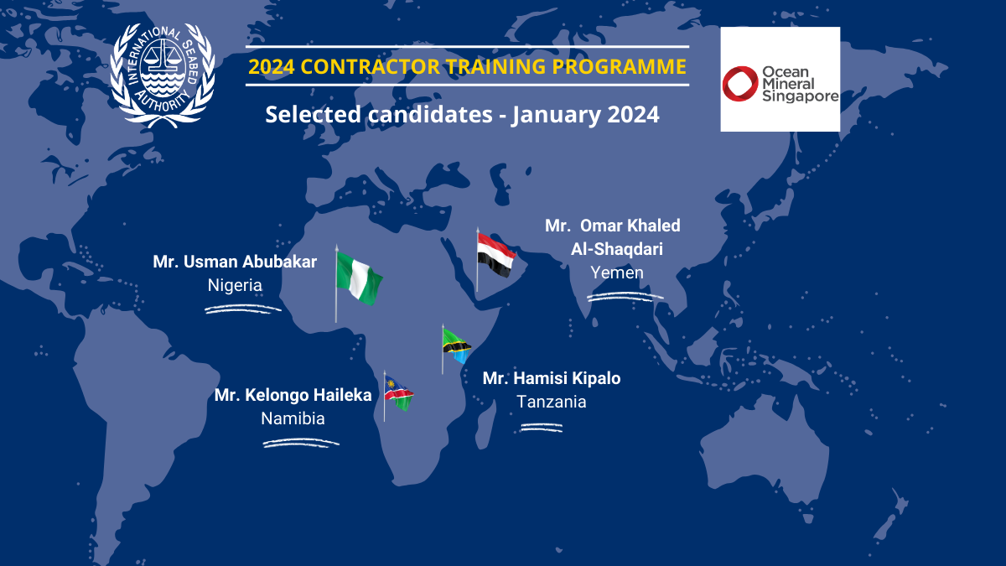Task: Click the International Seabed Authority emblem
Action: pyautogui.click(x=163, y=75)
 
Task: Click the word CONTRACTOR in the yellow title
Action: pyautogui.click(x=370, y=67)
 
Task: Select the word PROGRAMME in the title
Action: pyautogui.click(x=619, y=67)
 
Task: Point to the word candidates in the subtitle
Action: pyautogui.click(x=430, y=114)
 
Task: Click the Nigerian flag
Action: pyautogui.click(x=359, y=278)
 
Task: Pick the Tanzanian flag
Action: pyautogui.click(x=456, y=345)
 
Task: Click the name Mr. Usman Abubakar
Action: pyautogui.click(x=235, y=262)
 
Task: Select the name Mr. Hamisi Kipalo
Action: pyautogui.click(x=552, y=378)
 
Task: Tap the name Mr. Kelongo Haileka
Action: pyautogui.click(x=293, y=395)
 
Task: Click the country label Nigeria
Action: pyautogui.click(x=235, y=285)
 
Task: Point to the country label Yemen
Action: pyautogui.click(x=617, y=273)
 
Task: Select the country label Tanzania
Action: pyautogui.click(x=552, y=402)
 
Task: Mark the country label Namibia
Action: pyautogui.click(x=293, y=418)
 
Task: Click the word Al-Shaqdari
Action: pyautogui.click(x=617, y=249)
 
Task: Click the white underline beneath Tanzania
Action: pyautogui.click(x=542, y=428)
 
